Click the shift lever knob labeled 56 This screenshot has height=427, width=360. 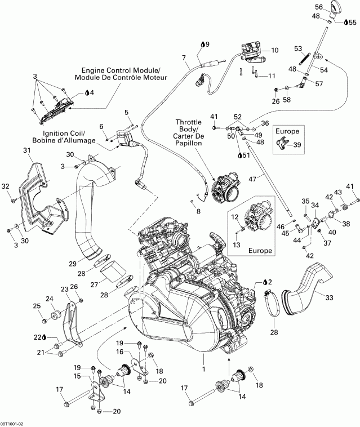[335, 8]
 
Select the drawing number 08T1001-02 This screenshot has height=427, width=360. [15, 421]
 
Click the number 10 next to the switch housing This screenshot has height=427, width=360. [274, 50]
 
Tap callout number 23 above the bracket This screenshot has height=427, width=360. [64, 288]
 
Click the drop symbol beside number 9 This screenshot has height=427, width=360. [201, 43]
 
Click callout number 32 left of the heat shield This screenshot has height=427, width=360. [6, 186]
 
